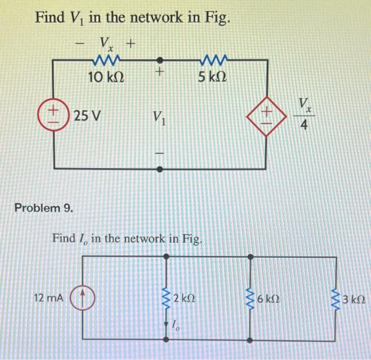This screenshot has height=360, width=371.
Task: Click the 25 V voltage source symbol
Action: [x=54, y=114]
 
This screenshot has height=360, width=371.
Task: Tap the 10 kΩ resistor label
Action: [x=107, y=77]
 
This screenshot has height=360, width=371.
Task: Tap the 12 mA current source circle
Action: [x=83, y=299]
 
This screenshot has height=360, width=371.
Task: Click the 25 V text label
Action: [x=86, y=115]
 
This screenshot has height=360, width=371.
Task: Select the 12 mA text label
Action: [x=49, y=299]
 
